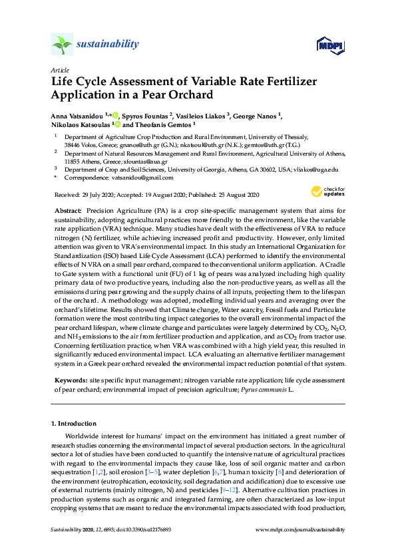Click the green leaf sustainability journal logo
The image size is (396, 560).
(x=61, y=45)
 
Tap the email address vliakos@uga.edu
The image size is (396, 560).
(x=319, y=170)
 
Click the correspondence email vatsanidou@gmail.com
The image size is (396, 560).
(x=143, y=178)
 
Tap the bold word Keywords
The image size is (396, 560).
(x=70, y=380)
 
